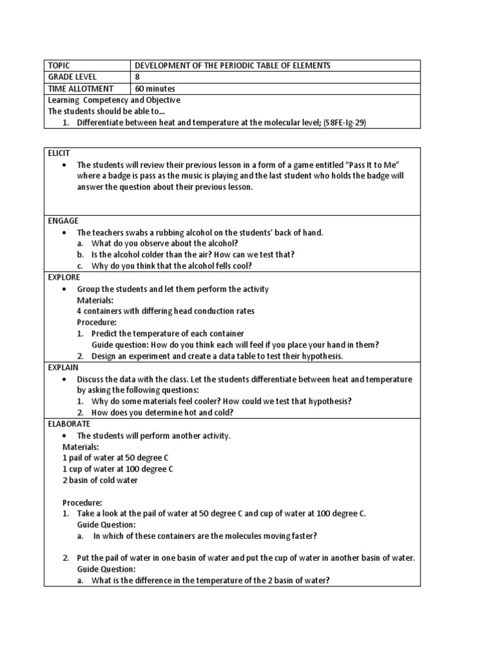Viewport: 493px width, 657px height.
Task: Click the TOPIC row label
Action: [x=58, y=66]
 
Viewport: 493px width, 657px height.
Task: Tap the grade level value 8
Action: [x=137, y=77]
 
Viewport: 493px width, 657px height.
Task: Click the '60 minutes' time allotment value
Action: [x=155, y=89]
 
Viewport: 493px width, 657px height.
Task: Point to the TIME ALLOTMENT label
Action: [x=80, y=89]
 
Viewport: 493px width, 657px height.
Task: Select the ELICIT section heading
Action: [x=58, y=153]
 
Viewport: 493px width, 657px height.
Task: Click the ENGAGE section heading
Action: [x=62, y=221]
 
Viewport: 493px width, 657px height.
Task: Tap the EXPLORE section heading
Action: [x=64, y=277]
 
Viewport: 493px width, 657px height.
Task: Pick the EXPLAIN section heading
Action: [x=63, y=368]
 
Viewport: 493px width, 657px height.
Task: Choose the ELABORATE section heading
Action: [x=69, y=424]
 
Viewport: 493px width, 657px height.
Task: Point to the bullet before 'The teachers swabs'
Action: [x=65, y=232]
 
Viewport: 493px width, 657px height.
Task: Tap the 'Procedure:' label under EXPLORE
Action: [x=97, y=322]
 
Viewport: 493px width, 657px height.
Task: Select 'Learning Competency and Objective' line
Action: [x=114, y=100]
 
